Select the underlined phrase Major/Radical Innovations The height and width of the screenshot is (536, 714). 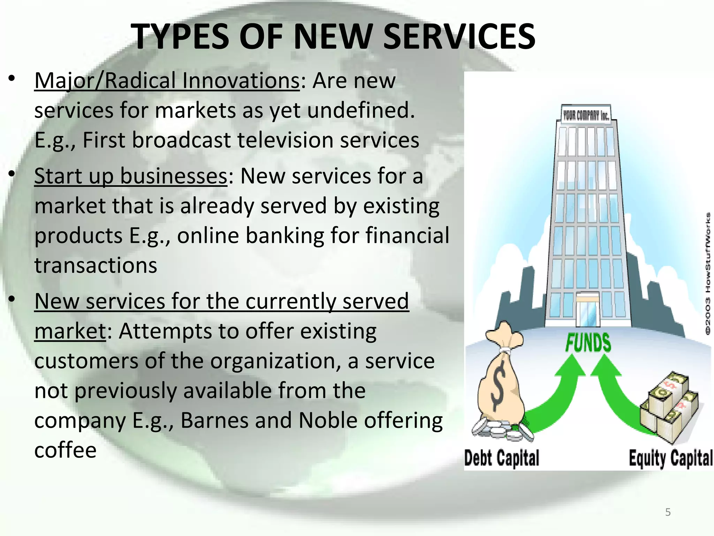coord(167,81)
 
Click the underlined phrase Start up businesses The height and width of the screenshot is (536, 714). coord(131,176)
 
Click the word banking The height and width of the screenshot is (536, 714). coord(285,236)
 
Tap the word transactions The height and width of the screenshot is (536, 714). coord(96,265)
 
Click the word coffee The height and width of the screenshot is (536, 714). coord(65,450)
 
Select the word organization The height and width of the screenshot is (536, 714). coord(275,361)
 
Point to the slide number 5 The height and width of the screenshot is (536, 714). coord(668,512)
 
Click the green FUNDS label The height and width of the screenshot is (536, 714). coord(588,343)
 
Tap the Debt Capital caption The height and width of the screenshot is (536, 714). coord(502,458)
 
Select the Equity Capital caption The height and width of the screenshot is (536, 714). coord(670,458)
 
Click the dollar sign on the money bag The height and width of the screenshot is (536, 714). coord(499,386)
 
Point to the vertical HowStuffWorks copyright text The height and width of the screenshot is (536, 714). coord(708,272)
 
